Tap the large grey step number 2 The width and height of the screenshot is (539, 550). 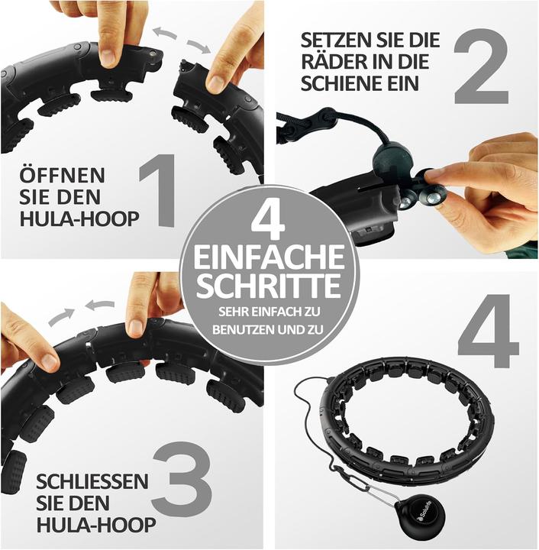tap(481, 66)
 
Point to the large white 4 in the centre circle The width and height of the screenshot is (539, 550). tap(269, 221)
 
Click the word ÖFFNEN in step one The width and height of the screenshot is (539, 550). tap(62, 175)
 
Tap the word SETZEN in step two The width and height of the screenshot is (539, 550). tap(334, 40)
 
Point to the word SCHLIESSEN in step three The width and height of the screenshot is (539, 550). tap(92, 481)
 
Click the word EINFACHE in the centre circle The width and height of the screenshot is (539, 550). tap(269, 257)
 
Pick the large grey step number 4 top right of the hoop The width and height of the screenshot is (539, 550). tap(488, 332)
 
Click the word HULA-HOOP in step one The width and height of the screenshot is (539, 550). tap(79, 219)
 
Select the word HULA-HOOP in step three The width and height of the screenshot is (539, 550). tap(96, 525)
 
